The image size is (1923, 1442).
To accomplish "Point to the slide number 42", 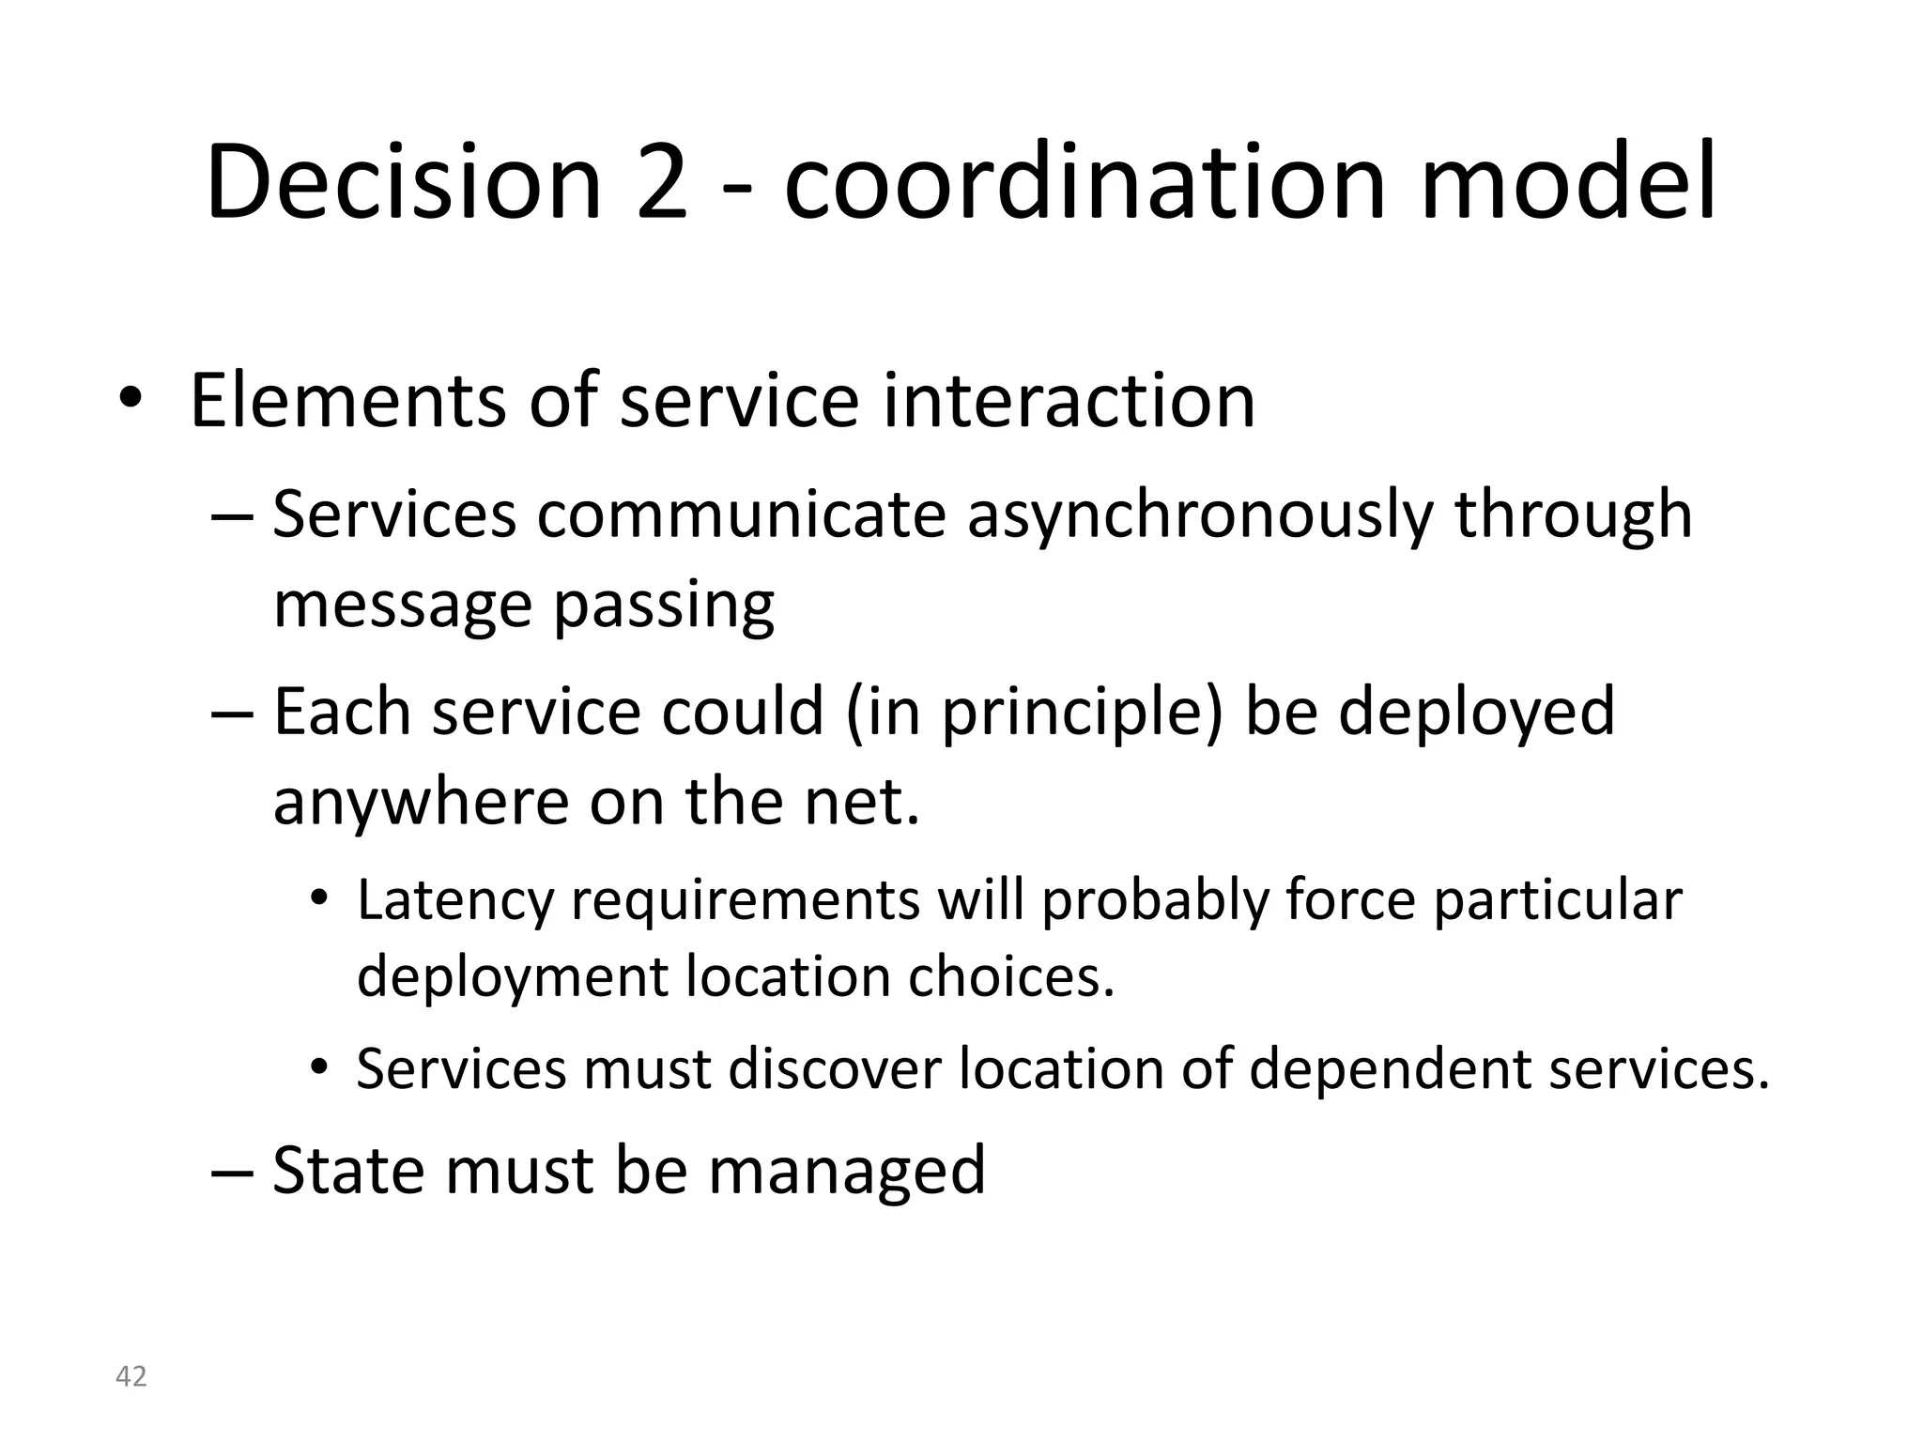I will click(131, 1376).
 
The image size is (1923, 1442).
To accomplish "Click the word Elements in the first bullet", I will click(347, 401).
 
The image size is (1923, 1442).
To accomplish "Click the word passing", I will click(664, 606).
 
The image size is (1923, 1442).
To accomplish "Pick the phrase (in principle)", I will click(1035, 712).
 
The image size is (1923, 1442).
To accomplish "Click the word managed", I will click(846, 1172).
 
